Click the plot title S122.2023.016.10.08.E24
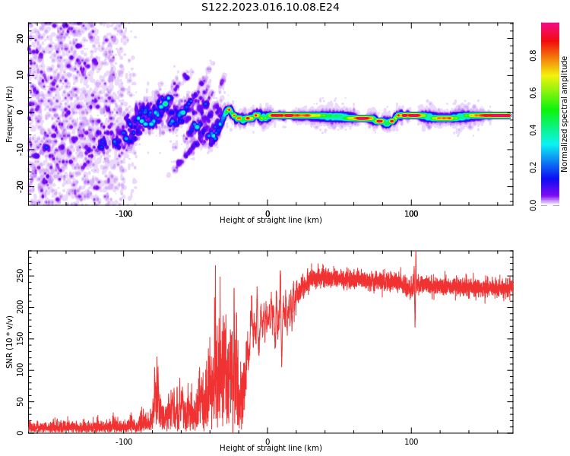click(270, 8)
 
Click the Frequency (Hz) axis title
click(10, 114)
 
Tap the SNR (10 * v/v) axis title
click(10, 341)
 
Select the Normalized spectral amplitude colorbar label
click(565, 114)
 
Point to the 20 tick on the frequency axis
click(20, 38)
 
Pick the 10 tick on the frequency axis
click(20, 75)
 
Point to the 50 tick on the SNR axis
click(20, 402)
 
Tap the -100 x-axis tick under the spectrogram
click(124, 214)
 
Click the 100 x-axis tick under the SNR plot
click(411, 442)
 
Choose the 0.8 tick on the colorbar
click(534, 55)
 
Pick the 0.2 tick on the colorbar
click(534, 168)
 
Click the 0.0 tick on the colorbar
click(534, 204)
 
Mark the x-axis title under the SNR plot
click(271, 448)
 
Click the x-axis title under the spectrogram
click(271, 220)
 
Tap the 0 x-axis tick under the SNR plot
click(268, 442)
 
